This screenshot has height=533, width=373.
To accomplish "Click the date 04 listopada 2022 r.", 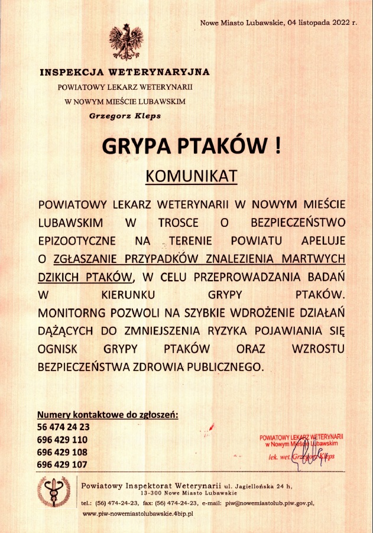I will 322,23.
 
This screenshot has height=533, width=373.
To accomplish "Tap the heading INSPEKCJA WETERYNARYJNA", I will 125,73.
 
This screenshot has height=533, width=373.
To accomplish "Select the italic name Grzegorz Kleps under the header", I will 125,116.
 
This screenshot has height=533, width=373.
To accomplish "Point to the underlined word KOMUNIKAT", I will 191,176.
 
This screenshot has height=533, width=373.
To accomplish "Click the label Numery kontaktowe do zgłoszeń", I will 108,414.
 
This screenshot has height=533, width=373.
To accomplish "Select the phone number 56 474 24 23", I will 63,427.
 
